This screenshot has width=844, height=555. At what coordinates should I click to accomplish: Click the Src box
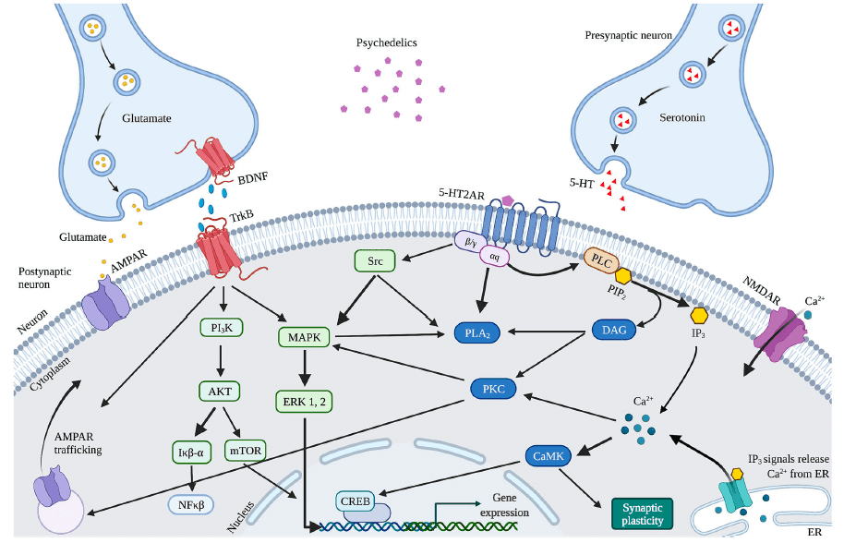point(374,261)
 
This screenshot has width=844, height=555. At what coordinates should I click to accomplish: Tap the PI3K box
point(221,327)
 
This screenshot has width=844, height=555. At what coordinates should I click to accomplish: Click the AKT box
point(221,391)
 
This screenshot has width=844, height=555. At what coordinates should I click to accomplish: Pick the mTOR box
point(245,452)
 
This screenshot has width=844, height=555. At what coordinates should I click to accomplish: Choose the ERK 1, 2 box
point(302,401)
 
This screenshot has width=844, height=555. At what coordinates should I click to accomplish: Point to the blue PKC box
point(493,389)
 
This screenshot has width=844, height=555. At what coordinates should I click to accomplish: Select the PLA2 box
point(478,332)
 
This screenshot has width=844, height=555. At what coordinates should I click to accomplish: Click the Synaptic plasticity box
point(643,513)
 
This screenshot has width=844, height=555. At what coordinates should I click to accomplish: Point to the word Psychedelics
point(386,43)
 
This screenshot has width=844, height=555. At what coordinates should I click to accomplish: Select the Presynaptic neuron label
point(629,35)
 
